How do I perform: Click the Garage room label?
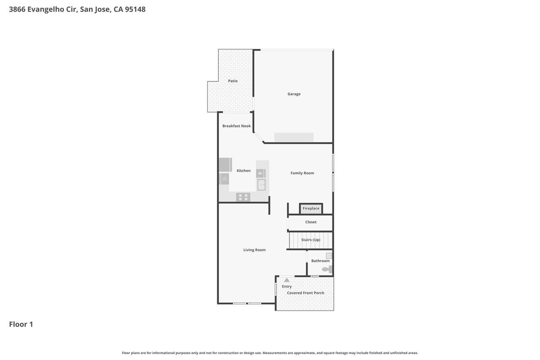(x=294, y=94)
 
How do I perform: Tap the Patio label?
(x=233, y=81)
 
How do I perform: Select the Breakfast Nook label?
(x=237, y=126)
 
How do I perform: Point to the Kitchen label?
(x=243, y=171)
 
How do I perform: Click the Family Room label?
(x=302, y=173)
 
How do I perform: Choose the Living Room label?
(x=254, y=250)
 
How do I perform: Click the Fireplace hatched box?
(x=311, y=209)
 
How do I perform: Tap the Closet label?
(x=311, y=222)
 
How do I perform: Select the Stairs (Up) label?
(x=311, y=240)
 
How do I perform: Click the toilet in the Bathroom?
(x=327, y=269)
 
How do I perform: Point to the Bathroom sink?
(x=329, y=256)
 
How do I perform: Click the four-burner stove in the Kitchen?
(x=243, y=197)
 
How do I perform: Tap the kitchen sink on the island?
(x=261, y=185)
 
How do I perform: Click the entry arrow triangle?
(x=286, y=280)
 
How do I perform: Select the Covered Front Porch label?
(x=305, y=293)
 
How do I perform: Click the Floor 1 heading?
(x=21, y=324)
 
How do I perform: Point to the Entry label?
(x=286, y=287)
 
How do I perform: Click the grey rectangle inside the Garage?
(x=294, y=137)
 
